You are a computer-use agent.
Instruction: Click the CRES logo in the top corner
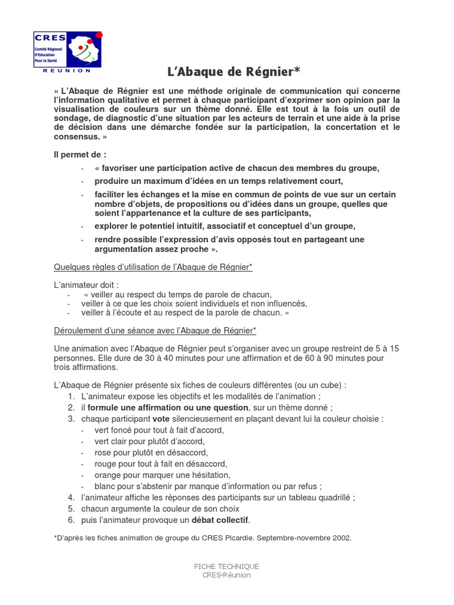[67, 49]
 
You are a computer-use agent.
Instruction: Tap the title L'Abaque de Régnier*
[233, 72]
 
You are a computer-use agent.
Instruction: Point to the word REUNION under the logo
[67, 70]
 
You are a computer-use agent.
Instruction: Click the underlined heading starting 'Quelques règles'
[153, 267]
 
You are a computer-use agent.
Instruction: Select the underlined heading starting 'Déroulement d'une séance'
[155, 330]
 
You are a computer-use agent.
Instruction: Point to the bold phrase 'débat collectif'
[220, 520]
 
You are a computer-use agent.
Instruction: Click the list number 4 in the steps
[71, 497]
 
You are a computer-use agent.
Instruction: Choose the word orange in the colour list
[108, 475]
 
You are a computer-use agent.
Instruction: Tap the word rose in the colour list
[103, 453]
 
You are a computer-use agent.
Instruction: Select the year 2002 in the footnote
[340, 538]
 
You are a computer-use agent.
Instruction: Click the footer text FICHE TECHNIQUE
[226, 567]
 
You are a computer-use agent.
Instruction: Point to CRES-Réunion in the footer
[226, 575]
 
